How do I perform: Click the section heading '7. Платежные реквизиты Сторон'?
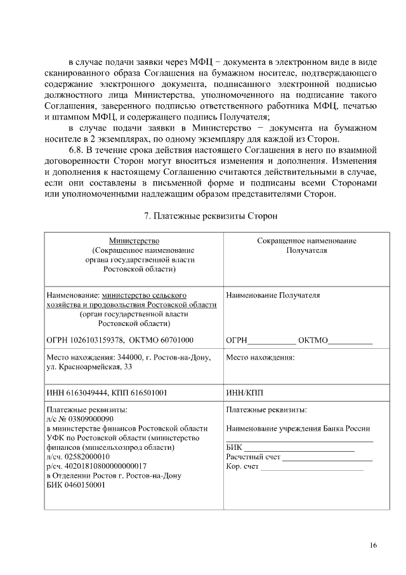(211, 216)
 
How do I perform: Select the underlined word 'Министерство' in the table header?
(133, 241)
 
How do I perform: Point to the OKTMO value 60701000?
(178, 340)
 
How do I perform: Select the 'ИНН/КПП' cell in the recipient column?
(244, 393)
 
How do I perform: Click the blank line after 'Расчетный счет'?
(327, 457)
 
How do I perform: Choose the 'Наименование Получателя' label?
(273, 295)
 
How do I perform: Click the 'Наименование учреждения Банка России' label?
(298, 428)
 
